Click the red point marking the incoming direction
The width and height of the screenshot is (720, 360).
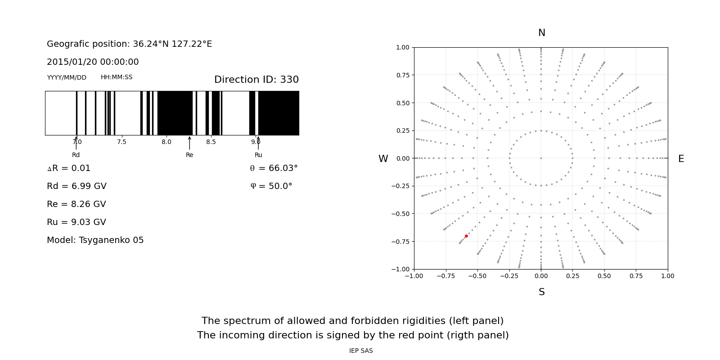click(466, 236)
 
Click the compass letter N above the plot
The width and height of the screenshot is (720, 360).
click(541, 33)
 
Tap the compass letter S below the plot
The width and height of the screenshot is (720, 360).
click(541, 292)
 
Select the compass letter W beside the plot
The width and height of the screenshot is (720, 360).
click(383, 159)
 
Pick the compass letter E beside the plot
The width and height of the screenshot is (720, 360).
click(681, 159)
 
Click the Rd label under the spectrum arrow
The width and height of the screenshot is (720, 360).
click(76, 155)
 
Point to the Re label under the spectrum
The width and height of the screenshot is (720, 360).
click(189, 155)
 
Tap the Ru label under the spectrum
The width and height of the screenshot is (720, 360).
click(258, 155)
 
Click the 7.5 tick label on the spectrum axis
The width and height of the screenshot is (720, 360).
click(121, 142)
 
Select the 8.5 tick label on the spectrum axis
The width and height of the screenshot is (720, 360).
click(211, 142)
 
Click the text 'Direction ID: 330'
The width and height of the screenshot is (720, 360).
click(256, 80)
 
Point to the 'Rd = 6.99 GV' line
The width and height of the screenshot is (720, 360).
click(76, 186)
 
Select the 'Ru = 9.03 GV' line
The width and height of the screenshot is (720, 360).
click(76, 222)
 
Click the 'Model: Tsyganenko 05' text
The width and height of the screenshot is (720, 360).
click(95, 240)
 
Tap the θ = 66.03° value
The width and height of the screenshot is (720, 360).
click(274, 168)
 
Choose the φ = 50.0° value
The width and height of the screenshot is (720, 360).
click(271, 186)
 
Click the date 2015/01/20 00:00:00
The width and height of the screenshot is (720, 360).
click(93, 62)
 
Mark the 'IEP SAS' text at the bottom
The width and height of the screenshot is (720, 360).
click(361, 351)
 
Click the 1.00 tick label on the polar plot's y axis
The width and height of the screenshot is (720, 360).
click(402, 47)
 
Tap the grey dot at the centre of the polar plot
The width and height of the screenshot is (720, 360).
click(541, 158)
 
